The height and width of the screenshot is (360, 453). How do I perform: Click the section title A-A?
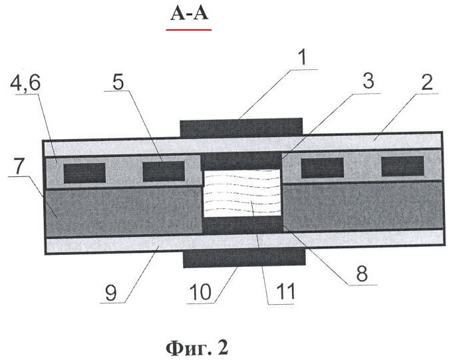pyautogui.click(x=189, y=13)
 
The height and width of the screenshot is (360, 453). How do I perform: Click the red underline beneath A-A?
pyautogui.click(x=188, y=29)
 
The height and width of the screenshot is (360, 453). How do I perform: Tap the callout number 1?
pyautogui.click(x=301, y=57)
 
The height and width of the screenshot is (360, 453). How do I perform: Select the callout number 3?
pyautogui.click(x=369, y=81)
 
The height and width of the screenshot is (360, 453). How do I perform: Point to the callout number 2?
pyautogui.click(x=427, y=83)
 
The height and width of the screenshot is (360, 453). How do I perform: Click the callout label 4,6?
pyautogui.click(x=25, y=83)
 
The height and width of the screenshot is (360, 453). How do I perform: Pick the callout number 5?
pyautogui.click(x=118, y=82)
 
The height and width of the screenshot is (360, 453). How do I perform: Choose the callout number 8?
pyautogui.click(x=362, y=273)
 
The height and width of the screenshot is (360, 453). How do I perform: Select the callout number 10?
pyautogui.click(x=200, y=291)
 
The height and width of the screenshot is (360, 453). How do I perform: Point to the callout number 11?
pyautogui.click(x=286, y=291)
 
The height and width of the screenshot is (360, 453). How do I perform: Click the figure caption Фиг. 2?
pyautogui.click(x=197, y=348)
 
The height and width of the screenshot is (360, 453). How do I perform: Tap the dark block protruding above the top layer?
pyautogui.click(x=241, y=127)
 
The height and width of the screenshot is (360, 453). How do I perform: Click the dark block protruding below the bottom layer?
pyautogui.click(x=244, y=258)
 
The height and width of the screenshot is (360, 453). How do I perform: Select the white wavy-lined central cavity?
pyautogui.click(x=242, y=193)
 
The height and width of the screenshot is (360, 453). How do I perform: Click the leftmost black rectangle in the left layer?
pyautogui.click(x=84, y=173)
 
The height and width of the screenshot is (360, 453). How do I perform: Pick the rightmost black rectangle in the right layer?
pyautogui.click(x=402, y=166)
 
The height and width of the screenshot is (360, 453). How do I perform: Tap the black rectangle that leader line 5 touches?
pyautogui.click(x=164, y=171)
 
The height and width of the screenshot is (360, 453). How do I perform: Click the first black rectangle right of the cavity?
pyautogui.click(x=323, y=168)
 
